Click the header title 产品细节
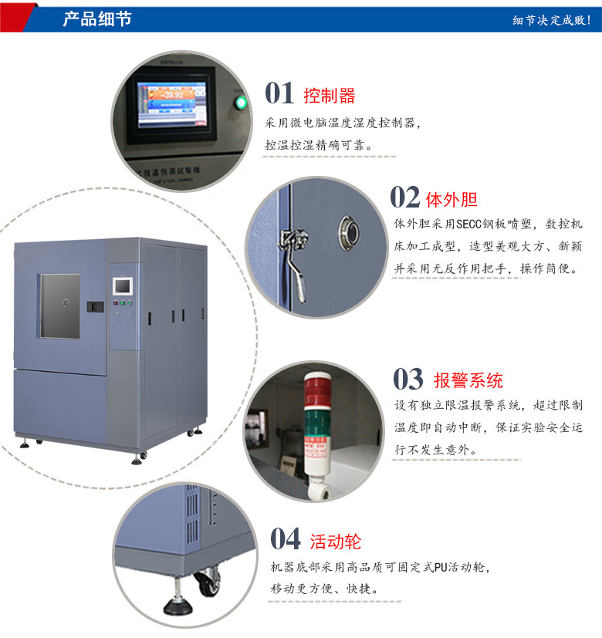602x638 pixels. click(x=96, y=19)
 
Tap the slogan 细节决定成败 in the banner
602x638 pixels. click(x=551, y=20)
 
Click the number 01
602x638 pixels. click(x=279, y=93)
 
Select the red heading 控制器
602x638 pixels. click(x=330, y=96)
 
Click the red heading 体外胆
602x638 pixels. click(x=451, y=200)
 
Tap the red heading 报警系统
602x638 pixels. click(x=468, y=380)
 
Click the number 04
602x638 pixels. click(x=285, y=539)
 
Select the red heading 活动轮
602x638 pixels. click(x=335, y=542)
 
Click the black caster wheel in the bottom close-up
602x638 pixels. click(x=207, y=583)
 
